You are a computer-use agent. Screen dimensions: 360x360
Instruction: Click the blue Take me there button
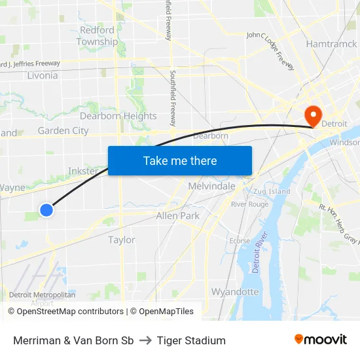180,160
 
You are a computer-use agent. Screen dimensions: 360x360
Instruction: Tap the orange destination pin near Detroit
314,115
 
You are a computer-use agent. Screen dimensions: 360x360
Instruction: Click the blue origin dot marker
46,210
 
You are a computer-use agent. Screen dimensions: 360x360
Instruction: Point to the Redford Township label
97,36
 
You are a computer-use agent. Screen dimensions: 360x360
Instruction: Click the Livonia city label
43,75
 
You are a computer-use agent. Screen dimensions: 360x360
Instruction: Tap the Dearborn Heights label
122,116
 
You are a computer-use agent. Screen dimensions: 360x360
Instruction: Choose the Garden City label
63,130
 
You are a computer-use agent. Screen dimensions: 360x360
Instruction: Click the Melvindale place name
211,187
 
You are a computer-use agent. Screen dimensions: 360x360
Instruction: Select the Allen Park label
178,215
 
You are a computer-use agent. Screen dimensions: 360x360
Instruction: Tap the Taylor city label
122,240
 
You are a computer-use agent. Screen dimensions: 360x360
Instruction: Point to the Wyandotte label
235,291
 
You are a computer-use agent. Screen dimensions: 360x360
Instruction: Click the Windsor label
344,142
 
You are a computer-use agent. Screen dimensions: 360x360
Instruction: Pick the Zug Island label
270,191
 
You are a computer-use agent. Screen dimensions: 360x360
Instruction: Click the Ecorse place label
240,241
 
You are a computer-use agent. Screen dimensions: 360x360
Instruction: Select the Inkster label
83,171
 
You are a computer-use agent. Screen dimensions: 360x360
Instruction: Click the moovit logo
321,339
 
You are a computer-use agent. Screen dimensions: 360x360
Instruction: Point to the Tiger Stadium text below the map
191,340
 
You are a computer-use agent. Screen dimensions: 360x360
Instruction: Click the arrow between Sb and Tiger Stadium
145,340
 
